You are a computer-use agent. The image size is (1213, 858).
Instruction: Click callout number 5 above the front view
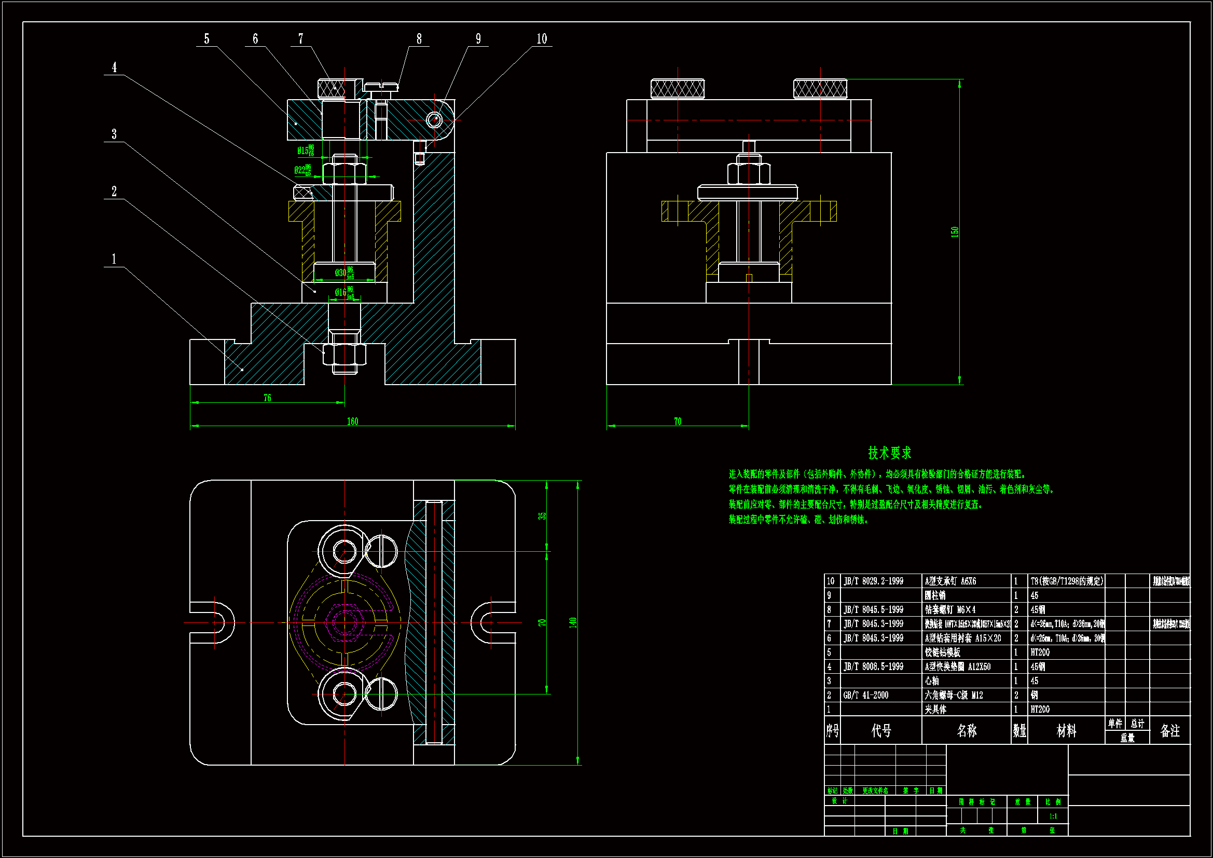(x=206, y=39)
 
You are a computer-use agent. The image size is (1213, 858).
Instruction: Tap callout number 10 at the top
(x=542, y=39)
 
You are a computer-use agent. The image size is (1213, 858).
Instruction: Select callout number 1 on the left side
(x=114, y=259)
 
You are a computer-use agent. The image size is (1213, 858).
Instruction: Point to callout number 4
(x=114, y=67)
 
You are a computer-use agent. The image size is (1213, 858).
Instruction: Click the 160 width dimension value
(x=352, y=421)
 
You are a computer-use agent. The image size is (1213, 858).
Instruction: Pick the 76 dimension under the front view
(x=267, y=398)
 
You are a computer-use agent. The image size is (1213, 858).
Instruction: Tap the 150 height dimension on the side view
(x=954, y=231)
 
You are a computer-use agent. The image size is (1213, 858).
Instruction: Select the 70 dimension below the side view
(x=677, y=421)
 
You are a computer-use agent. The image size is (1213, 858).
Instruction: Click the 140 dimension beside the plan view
(x=573, y=622)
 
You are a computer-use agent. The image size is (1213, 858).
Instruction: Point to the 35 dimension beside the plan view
(x=542, y=516)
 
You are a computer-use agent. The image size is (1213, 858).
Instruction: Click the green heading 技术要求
(x=890, y=453)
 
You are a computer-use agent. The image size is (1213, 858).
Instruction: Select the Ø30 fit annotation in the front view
(x=344, y=273)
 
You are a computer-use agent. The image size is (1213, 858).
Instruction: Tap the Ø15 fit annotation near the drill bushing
(x=306, y=151)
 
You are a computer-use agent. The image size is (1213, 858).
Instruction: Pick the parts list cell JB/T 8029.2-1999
(x=873, y=581)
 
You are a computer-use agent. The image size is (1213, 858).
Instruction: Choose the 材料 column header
(x=1066, y=731)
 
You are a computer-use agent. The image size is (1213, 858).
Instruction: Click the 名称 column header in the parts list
(x=966, y=731)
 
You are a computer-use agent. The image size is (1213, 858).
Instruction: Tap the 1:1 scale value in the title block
(x=1052, y=816)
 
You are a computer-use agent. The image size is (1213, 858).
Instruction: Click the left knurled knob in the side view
(x=677, y=89)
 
